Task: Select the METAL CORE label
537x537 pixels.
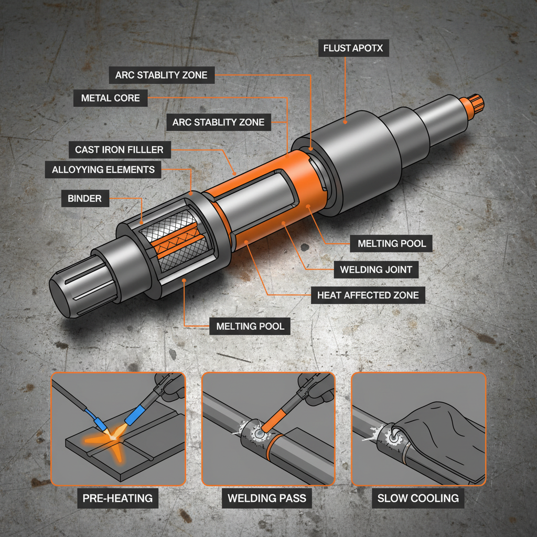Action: tap(111, 98)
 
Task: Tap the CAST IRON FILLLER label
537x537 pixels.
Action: tap(119, 149)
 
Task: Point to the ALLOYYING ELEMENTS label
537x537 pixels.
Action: tap(103, 169)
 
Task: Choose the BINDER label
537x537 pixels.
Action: tap(84, 198)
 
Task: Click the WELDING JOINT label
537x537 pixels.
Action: tap(376, 270)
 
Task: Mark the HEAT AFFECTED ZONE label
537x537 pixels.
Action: tap(368, 295)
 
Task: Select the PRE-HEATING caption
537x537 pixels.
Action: tap(118, 498)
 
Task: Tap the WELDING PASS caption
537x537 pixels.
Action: tap(267, 498)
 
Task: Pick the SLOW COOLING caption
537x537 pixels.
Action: tap(418, 498)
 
